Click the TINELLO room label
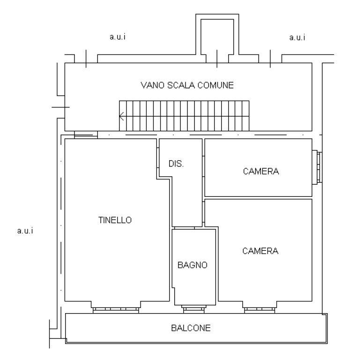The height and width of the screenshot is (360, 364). (x=115, y=220)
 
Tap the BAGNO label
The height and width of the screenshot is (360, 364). (x=193, y=265)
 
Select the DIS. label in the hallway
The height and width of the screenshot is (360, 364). (x=176, y=164)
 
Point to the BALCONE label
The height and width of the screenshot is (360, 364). (x=191, y=328)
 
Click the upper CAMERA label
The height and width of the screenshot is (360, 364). (x=261, y=172)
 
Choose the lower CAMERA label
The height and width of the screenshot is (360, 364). (x=260, y=251)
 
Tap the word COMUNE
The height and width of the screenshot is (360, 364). (x=215, y=85)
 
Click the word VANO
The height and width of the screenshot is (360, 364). (x=153, y=85)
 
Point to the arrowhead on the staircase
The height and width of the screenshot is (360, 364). (x=121, y=116)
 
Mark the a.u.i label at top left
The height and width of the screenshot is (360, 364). (x=118, y=37)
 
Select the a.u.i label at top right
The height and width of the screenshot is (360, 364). (x=297, y=37)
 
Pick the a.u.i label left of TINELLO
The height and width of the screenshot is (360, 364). (x=25, y=231)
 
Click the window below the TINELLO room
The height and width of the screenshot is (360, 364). (x=116, y=310)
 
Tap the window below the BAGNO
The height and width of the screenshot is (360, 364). (x=193, y=309)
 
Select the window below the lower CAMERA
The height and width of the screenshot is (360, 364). (x=260, y=310)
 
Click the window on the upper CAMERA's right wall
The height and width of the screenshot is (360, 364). (x=317, y=167)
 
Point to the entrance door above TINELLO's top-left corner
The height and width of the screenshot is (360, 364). (x=86, y=135)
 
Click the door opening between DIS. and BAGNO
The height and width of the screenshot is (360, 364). (x=184, y=228)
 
